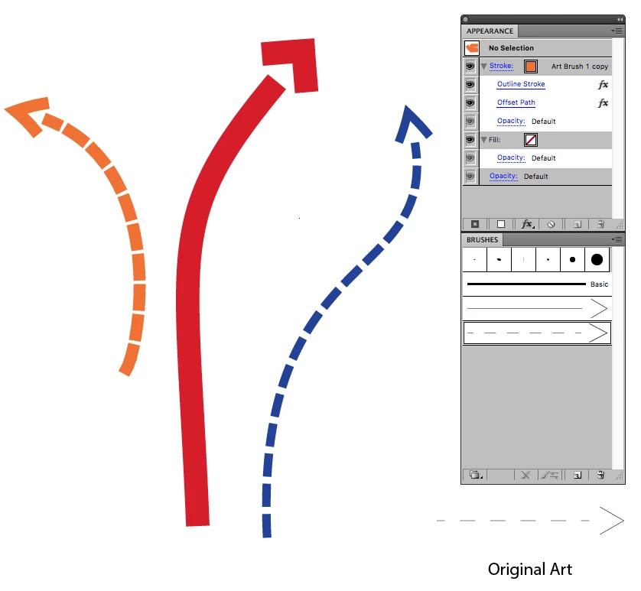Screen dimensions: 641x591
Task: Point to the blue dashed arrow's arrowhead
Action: pyautogui.click(x=412, y=124)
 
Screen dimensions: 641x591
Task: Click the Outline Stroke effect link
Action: pyautogui.click(x=521, y=84)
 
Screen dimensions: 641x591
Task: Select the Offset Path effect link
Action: pyautogui.click(x=516, y=102)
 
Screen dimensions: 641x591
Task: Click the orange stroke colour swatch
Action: pyautogui.click(x=531, y=67)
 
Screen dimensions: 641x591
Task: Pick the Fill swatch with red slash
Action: pyautogui.click(x=531, y=140)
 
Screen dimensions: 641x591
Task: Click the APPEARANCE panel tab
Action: pyautogui.click(x=490, y=31)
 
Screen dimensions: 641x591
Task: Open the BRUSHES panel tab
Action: pyautogui.click(x=483, y=240)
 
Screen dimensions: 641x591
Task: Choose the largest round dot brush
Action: pyautogui.click(x=597, y=259)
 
